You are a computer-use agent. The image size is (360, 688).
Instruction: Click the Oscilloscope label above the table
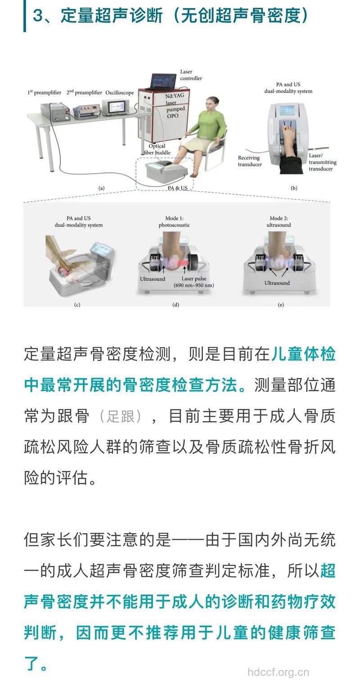click(x=120, y=93)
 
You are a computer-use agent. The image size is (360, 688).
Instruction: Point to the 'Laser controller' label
click(x=191, y=75)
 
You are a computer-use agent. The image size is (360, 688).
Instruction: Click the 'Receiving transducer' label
click(x=250, y=161)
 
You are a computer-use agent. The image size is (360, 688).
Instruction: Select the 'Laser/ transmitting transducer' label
click(x=322, y=162)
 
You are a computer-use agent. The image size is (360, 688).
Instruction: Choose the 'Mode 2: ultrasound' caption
click(x=280, y=221)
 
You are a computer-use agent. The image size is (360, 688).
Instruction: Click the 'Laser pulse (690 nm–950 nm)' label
click(x=194, y=282)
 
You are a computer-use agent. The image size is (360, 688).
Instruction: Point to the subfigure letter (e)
click(x=281, y=305)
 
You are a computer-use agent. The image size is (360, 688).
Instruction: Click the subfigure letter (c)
click(x=77, y=305)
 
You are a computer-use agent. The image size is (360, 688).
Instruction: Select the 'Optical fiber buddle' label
click(x=157, y=149)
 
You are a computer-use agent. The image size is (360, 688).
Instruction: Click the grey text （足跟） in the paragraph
click(x=121, y=416)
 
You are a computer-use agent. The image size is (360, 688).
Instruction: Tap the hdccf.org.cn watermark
click(x=279, y=672)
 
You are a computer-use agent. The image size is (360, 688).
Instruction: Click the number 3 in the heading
click(x=38, y=16)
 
